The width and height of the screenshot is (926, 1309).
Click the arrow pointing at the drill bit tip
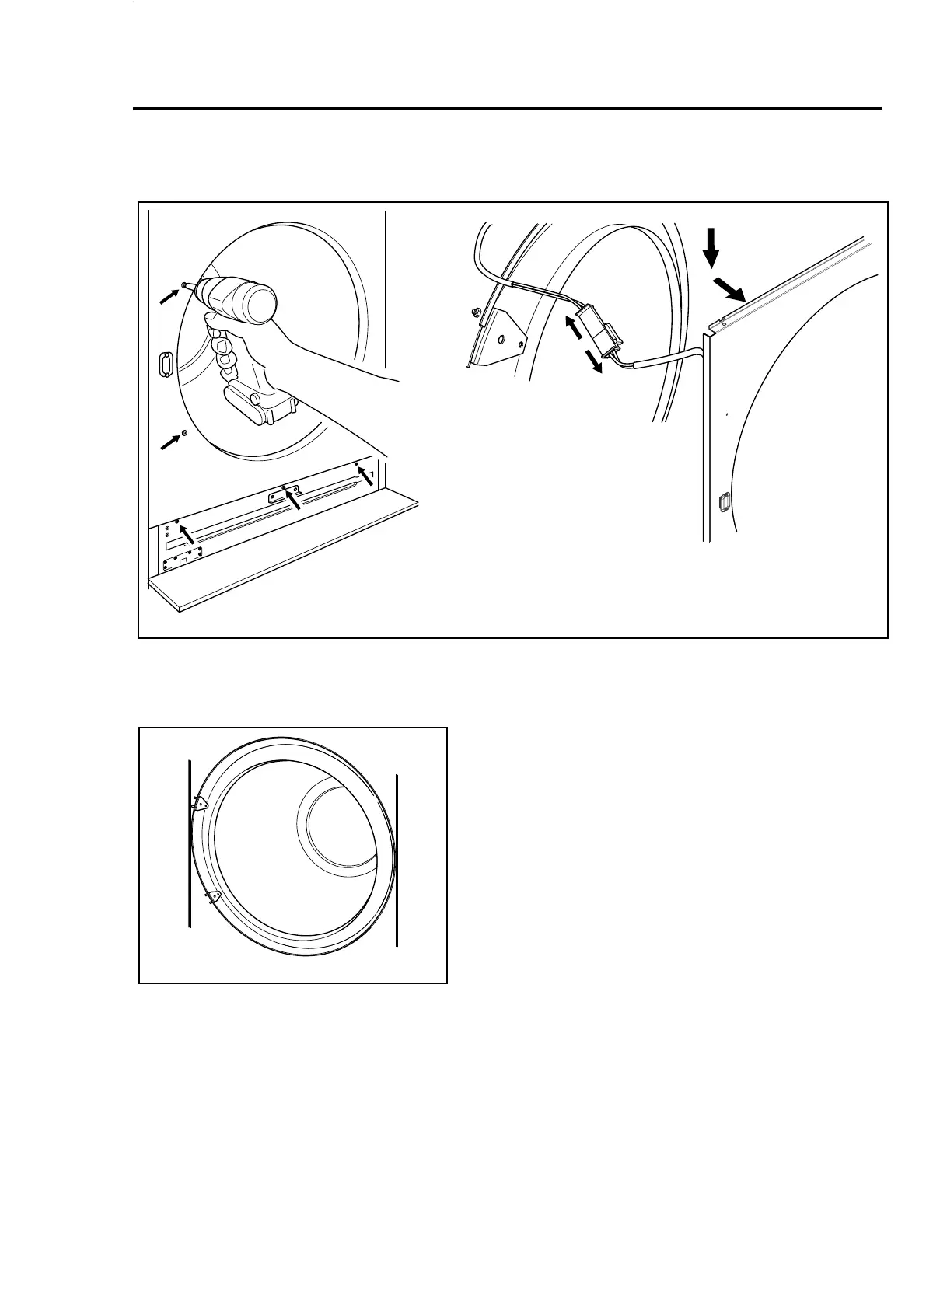(169, 295)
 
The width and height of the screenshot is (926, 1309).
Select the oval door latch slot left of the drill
(165, 363)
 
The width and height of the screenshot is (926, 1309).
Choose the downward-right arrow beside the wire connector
(595, 361)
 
